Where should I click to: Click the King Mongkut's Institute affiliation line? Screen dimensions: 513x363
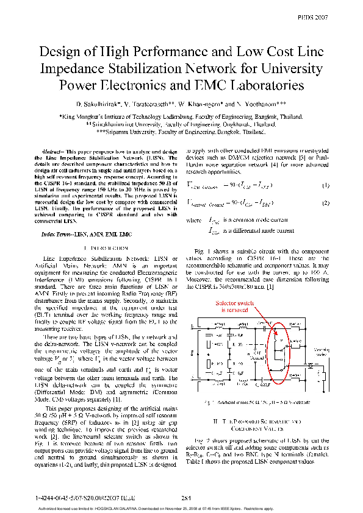(x=181, y=115)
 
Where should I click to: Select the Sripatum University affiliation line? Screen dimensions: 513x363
(x=181, y=131)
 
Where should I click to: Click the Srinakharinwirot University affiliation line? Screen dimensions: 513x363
(x=181, y=123)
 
